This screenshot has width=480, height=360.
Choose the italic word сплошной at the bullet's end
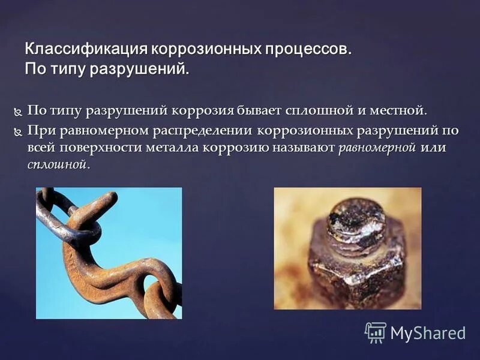(x=58, y=165)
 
